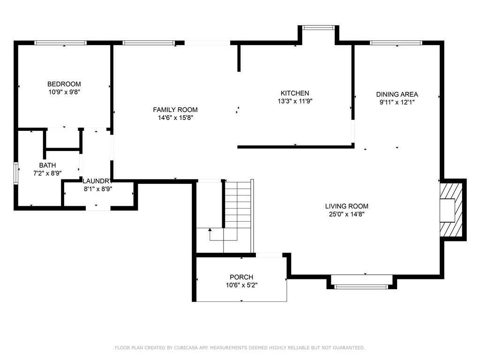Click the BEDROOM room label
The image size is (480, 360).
pos(64,84)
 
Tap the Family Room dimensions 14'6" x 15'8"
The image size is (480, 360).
pos(175,118)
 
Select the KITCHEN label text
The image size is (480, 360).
pos(294,93)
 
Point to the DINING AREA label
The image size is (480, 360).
pos(397,94)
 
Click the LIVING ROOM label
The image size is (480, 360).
pos(346,206)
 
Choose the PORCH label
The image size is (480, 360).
pos(241,277)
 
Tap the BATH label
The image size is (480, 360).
pos(47,165)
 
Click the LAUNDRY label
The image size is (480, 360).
pos(97,181)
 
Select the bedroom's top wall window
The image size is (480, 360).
pos(60,43)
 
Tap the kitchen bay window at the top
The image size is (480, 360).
pos(319,28)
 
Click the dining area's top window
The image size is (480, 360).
pos(396,43)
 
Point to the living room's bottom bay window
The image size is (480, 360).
pos(361,286)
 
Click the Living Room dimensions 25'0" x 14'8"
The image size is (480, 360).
pos(346,214)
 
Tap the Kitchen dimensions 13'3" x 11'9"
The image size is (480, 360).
pos(294,101)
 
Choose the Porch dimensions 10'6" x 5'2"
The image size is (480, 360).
pos(241,285)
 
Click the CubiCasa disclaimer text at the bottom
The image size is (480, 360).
pos(240,348)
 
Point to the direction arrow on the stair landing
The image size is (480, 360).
pos(210,230)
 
